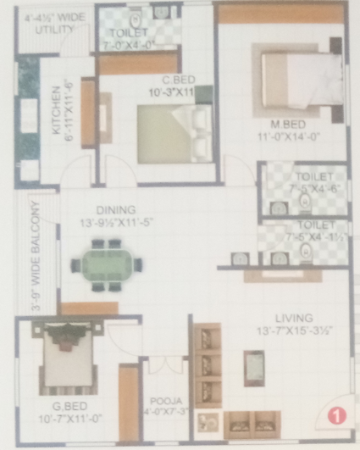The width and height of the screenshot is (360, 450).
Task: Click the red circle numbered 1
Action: (x=336, y=415)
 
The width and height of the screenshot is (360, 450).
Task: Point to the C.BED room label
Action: (x=161, y=81)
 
